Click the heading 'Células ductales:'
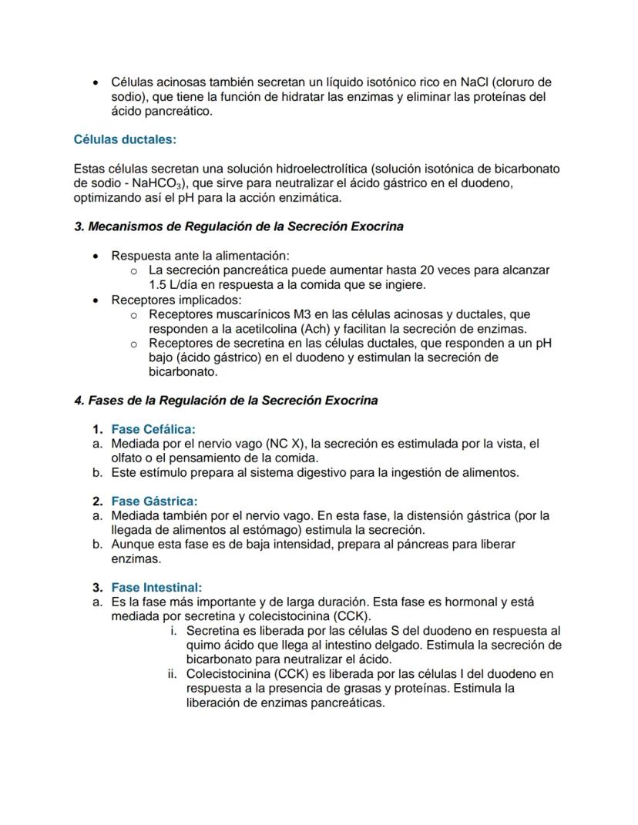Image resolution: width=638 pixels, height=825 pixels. (125, 139)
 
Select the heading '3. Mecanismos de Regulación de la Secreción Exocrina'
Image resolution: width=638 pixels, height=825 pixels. (238, 226)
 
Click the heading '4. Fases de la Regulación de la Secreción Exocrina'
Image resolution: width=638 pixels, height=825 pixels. (226, 401)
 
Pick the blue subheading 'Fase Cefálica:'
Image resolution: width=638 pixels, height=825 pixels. (153, 429)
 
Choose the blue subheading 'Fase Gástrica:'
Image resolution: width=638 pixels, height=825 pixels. (154, 501)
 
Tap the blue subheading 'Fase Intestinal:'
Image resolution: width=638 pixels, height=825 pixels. (156, 587)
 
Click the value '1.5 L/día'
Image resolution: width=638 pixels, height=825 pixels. (175, 285)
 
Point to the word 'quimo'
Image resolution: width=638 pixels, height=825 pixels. (203, 645)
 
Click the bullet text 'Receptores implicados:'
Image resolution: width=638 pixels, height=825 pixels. (176, 300)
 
